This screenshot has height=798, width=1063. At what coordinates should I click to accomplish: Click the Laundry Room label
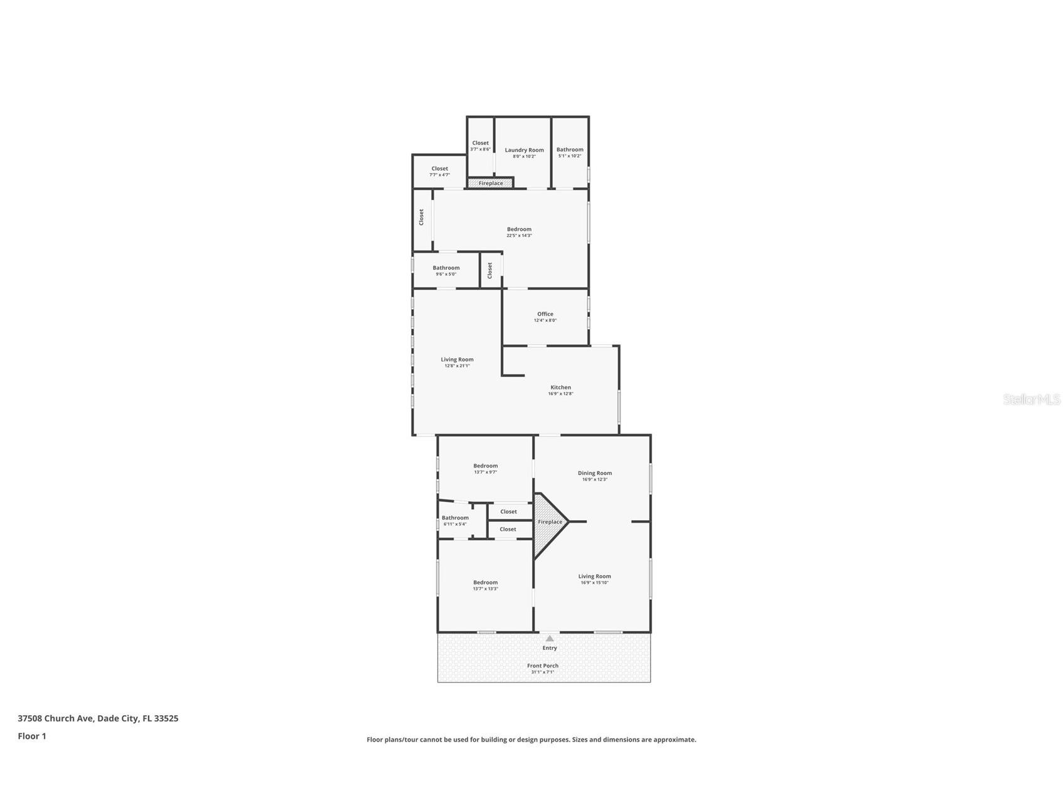tap(524, 150)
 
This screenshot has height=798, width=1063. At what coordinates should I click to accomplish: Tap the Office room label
tap(545, 314)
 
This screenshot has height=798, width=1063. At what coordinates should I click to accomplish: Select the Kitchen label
tap(560, 387)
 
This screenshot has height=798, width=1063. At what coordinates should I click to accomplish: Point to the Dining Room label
tap(594, 473)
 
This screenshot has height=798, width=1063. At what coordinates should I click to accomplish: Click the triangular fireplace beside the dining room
tap(548, 522)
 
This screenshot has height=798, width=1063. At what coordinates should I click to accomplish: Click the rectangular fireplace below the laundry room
tap(490, 183)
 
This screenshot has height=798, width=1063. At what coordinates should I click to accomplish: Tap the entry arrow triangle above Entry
tap(550, 639)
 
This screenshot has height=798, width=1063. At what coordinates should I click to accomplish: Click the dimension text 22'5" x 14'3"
tap(519, 236)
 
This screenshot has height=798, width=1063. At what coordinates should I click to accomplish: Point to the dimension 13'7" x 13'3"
tap(485, 589)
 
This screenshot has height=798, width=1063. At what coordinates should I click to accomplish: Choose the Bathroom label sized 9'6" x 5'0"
tap(446, 268)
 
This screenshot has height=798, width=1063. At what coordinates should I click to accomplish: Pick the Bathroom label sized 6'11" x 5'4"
tap(455, 518)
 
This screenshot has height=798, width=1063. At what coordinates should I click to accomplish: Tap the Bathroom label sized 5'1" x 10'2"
tap(570, 149)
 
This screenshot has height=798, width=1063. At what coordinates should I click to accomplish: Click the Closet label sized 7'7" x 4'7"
tap(439, 168)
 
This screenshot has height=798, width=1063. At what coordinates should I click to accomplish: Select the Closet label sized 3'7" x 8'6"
tap(480, 143)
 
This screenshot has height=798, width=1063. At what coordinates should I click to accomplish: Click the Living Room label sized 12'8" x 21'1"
tap(457, 359)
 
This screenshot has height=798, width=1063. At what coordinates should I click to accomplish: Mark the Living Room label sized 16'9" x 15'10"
tap(594, 576)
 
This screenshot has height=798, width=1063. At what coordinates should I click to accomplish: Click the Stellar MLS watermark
tap(1031, 399)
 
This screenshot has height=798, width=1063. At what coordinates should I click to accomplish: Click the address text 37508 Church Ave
tap(56, 718)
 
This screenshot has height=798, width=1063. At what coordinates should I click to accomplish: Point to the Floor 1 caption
tap(32, 736)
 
